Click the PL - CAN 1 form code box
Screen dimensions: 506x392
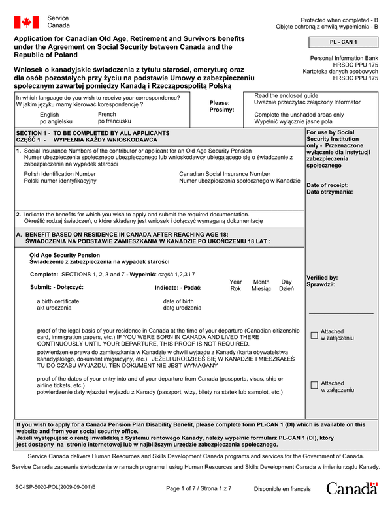343,42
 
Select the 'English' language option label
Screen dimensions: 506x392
49,115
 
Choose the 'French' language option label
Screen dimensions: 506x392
106,115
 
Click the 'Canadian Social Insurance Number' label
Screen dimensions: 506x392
224,174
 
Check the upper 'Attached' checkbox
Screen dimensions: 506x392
314,335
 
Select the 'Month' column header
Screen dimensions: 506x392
261,282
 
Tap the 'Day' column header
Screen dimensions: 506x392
286,282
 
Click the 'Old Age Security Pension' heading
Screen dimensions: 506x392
65,255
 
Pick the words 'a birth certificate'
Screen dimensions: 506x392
58,301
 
